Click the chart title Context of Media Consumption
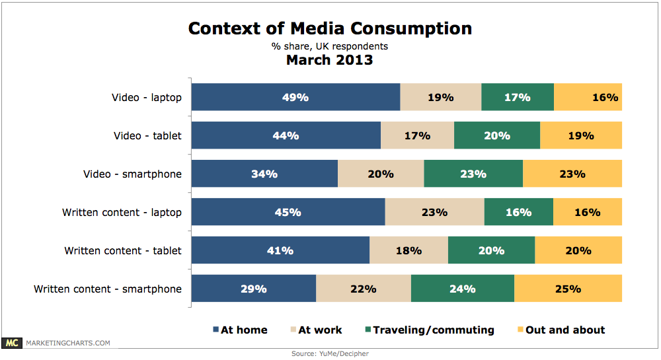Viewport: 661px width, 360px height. coord(330,28)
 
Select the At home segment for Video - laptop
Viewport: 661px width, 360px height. coord(295,97)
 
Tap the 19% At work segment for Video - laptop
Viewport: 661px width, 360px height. coord(441,97)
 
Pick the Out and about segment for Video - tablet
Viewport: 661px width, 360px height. coord(581,135)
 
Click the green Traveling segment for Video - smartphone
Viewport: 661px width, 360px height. coord(473,174)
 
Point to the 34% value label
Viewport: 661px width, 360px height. coord(264,174)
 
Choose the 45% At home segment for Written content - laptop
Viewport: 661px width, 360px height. coord(288,213)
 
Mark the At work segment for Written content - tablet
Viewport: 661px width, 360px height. coord(408,251)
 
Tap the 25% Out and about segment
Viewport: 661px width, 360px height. coord(568,289)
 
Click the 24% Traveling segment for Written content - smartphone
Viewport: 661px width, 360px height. coord(463,289)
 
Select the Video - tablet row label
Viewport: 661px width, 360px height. coord(147,136)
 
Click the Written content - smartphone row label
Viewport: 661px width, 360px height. coord(108,289)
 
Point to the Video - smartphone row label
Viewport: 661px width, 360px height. coord(132,174)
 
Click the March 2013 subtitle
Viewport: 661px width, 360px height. coord(329,60)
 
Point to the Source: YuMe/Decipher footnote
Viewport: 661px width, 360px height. coord(330,354)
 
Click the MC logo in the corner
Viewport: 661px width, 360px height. coord(11,343)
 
